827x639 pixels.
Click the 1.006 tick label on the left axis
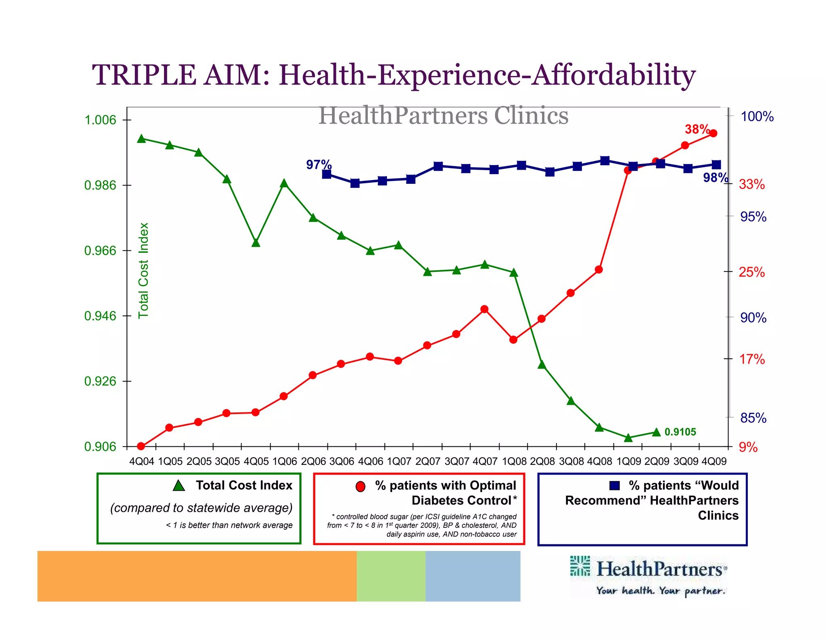[x=100, y=120]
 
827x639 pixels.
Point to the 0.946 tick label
[x=100, y=316]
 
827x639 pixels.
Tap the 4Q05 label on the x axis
[x=256, y=461]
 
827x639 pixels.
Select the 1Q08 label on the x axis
[x=514, y=461]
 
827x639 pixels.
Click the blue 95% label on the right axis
[x=753, y=217]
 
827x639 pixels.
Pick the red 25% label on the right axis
[x=751, y=272]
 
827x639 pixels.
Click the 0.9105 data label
[x=680, y=432]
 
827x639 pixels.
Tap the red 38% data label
[x=697, y=129]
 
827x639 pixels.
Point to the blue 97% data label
[x=319, y=165]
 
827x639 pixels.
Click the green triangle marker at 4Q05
[x=256, y=243]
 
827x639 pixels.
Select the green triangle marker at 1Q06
[x=284, y=183]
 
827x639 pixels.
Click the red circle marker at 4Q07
[x=485, y=309]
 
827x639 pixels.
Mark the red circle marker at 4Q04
[x=141, y=446]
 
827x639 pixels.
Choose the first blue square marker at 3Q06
[x=327, y=174]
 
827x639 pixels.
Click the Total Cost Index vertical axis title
[x=144, y=271]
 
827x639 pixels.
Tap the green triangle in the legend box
[x=179, y=486]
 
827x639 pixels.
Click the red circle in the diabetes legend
[x=361, y=486]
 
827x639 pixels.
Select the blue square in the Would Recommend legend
[x=614, y=485]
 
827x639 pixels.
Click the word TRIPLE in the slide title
[x=144, y=75]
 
